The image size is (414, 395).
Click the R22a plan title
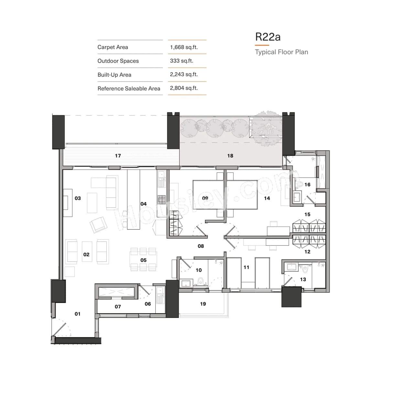[x=267, y=37]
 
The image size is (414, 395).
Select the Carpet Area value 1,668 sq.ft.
[x=184, y=47]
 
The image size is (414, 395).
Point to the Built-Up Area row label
[x=114, y=75]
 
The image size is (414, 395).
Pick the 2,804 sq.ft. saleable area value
[x=184, y=88]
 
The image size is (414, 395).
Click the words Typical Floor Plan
[x=281, y=52]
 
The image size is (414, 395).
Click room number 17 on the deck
[x=118, y=156]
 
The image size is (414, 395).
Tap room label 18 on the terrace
[x=230, y=156]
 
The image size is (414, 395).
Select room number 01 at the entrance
[x=78, y=314]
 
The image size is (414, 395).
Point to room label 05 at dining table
[x=143, y=260]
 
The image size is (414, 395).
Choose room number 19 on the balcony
[x=203, y=304]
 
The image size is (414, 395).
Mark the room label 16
[x=307, y=185]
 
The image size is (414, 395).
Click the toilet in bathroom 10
[x=200, y=280]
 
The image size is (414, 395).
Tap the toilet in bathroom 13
[x=305, y=269]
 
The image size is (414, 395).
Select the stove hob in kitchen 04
[x=161, y=199]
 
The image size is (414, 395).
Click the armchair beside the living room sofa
[x=98, y=225]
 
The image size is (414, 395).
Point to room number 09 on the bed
[x=205, y=198]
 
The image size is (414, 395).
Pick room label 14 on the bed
[x=267, y=198]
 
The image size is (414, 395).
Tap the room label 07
[x=118, y=307]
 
